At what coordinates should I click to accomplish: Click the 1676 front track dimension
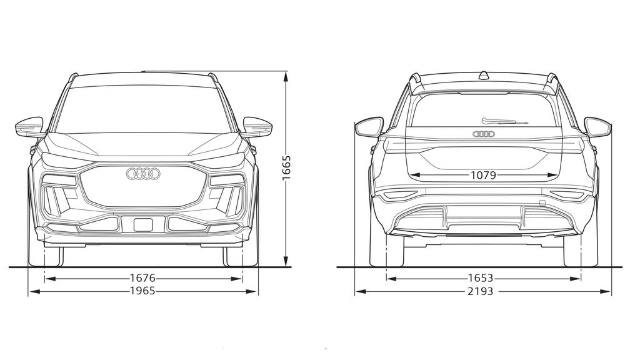[x=142, y=278]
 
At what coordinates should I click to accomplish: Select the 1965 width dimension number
[x=142, y=291]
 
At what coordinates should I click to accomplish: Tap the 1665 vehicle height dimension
[x=286, y=168]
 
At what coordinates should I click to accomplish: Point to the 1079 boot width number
[x=483, y=176]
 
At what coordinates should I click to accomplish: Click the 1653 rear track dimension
[x=480, y=278]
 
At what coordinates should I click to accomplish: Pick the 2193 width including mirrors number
[x=480, y=291]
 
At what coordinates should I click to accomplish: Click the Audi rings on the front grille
[x=143, y=174]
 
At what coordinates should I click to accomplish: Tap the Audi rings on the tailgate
[x=483, y=134]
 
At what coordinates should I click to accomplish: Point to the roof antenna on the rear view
[x=483, y=76]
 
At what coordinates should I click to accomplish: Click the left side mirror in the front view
[x=29, y=127]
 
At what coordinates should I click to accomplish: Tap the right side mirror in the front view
[x=257, y=127]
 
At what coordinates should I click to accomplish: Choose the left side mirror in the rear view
[x=369, y=127]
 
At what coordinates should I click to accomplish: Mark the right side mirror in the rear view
[x=597, y=127]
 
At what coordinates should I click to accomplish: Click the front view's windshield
[x=143, y=109]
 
